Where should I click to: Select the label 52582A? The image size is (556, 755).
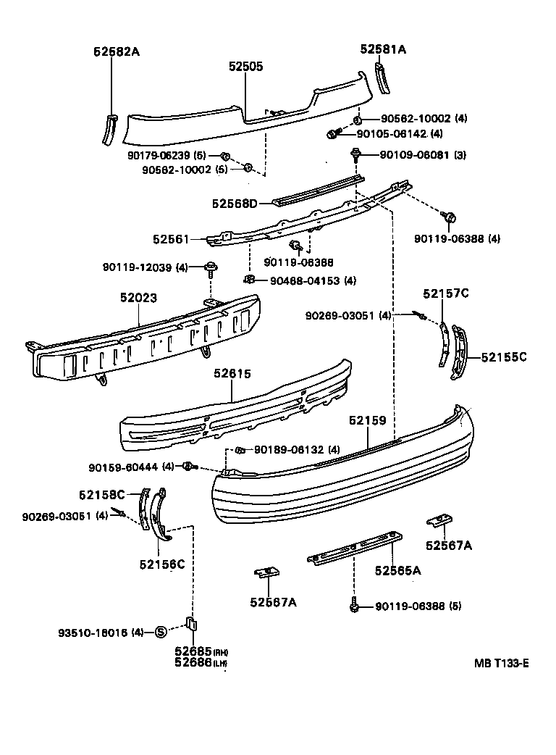pyautogui.click(x=116, y=51)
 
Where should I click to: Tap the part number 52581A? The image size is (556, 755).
pyautogui.click(x=383, y=49)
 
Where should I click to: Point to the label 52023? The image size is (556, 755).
pyautogui.click(x=139, y=297)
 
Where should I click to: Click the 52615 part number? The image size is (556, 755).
pyautogui.click(x=232, y=374)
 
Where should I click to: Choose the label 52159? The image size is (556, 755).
pyautogui.click(x=367, y=420)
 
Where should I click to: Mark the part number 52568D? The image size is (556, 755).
pyautogui.click(x=235, y=204)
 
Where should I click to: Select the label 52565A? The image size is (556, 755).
pyautogui.click(x=398, y=570)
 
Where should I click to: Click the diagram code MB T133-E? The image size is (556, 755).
pyautogui.click(x=501, y=662)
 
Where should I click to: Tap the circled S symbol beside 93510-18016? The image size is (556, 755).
pyautogui.click(x=161, y=632)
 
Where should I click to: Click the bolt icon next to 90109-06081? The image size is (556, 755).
pyautogui.click(x=356, y=154)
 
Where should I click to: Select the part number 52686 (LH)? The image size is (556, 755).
pyautogui.click(x=192, y=662)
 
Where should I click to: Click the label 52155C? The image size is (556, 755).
pyautogui.click(x=503, y=356)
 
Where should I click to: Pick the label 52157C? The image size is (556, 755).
pyautogui.click(x=446, y=293)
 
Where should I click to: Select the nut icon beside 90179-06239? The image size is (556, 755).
pyautogui.click(x=225, y=156)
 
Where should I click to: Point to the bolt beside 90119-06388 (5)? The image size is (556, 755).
pyautogui.click(x=354, y=605)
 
